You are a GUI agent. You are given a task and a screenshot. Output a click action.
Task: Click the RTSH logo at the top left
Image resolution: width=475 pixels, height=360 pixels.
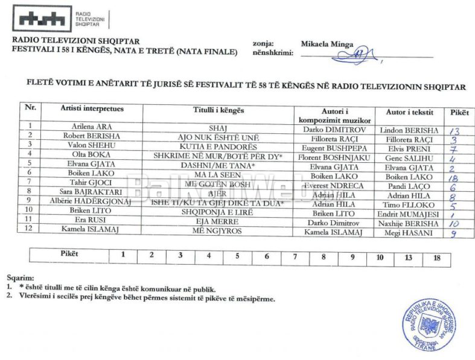[x=41, y=20]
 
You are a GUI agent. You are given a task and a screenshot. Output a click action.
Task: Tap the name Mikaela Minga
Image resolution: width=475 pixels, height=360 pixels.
[x=326, y=44]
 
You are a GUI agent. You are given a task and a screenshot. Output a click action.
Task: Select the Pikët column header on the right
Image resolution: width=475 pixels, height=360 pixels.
[x=455, y=112]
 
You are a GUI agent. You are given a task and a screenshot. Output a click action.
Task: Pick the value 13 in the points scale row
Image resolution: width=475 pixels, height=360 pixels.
[x=409, y=257]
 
